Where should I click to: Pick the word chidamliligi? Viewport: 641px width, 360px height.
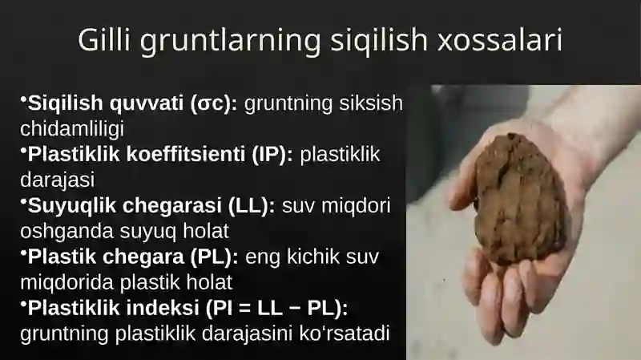(x=72, y=127)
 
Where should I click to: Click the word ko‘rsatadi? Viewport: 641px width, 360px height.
(x=351, y=332)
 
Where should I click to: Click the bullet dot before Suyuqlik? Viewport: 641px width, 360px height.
(x=23, y=200)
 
